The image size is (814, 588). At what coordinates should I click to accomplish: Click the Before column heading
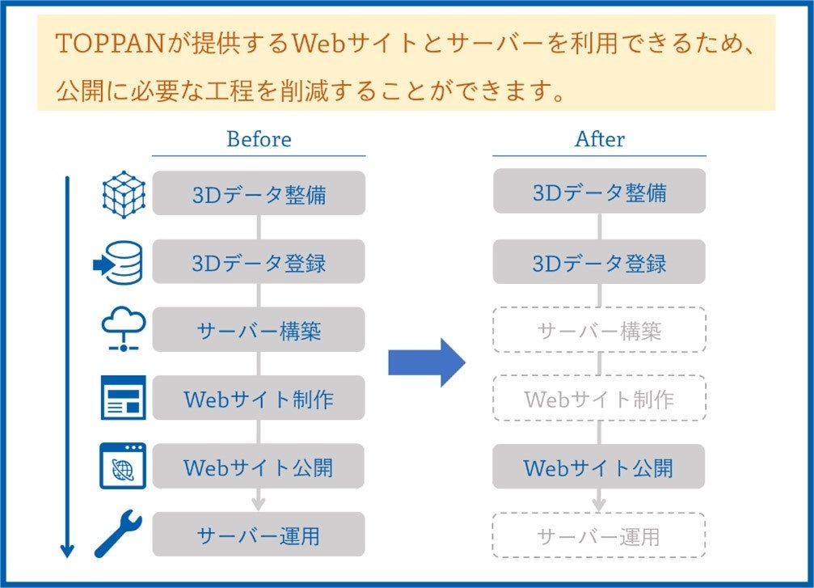[x=259, y=139]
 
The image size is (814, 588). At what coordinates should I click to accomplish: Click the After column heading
[x=599, y=139]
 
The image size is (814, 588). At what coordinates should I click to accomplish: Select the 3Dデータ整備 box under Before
[x=259, y=193]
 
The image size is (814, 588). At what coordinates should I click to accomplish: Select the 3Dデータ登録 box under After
[x=599, y=262]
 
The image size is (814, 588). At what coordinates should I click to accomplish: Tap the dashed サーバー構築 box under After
[x=599, y=330]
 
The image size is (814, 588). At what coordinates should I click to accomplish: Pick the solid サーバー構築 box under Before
[x=259, y=330]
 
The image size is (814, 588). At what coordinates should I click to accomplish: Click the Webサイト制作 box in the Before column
[x=259, y=398]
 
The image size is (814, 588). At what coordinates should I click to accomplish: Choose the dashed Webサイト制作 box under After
[x=599, y=398]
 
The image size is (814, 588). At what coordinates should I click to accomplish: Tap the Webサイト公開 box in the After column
[x=599, y=467]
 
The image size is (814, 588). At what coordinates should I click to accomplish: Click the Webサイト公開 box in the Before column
[x=259, y=467]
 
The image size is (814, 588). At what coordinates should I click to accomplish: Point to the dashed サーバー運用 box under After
[x=599, y=535]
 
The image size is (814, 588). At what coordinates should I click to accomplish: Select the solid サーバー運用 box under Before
[x=259, y=535]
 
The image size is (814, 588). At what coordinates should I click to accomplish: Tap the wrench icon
[x=119, y=533]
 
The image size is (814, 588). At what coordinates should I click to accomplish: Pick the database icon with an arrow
[x=120, y=264]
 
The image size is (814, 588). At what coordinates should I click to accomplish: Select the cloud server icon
[x=123, y=330]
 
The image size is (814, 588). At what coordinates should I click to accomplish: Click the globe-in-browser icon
[x=123, y=467]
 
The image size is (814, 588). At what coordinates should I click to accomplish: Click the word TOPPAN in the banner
[x=100, y=43]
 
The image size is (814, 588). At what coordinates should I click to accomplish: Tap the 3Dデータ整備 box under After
[x=599, y=193]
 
